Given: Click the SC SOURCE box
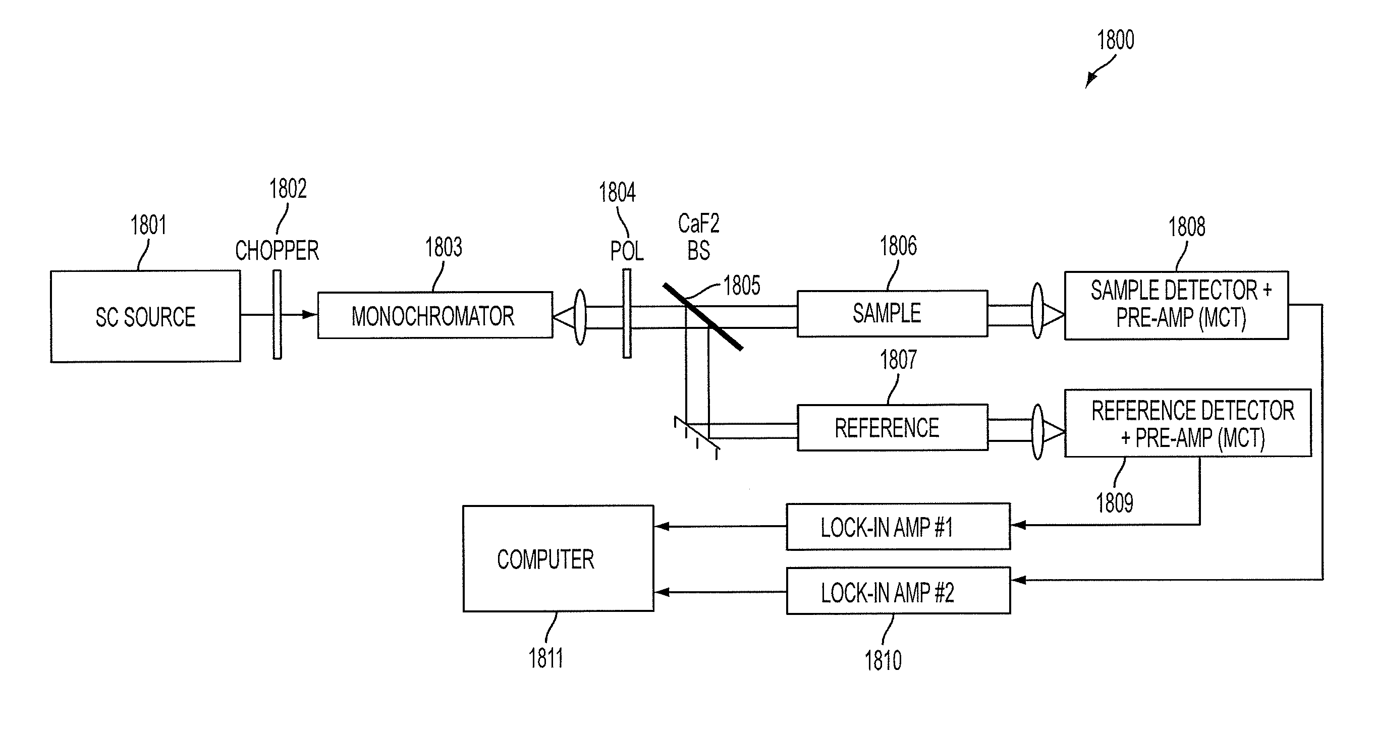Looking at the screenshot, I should click(x=145, y=316).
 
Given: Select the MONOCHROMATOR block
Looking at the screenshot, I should click(x=435, y=315).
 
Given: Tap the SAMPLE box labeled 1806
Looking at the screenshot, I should click(x=892, y=313).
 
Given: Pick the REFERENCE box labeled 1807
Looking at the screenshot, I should click(x=892, y=427).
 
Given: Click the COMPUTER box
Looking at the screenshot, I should click(x=558, y=558).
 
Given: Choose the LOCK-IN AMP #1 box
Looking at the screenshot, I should click(x=898, y=527).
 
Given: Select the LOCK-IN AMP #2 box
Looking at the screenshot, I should click(x=898, y=591).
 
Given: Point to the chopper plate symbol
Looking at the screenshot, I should click(x=278, y=315).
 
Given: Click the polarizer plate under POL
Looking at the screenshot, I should click(x=627, y=314).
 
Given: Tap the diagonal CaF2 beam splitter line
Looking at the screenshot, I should click(x=702, y=317).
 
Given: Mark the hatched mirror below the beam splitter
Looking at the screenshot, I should click(x=697, y=433).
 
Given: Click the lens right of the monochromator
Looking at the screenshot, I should click(x=580, y=317).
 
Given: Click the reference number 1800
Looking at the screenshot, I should click(x=1115, y=40).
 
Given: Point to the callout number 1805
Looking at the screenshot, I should click(x=741, y=286).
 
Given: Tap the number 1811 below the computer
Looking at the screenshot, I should click(x=545, y=658).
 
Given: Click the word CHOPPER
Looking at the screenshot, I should click(x=277, y=250).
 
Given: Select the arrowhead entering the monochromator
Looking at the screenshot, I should click(x=310, y=315).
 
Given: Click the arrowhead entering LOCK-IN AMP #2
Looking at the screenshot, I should click(x=1019, y=580).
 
